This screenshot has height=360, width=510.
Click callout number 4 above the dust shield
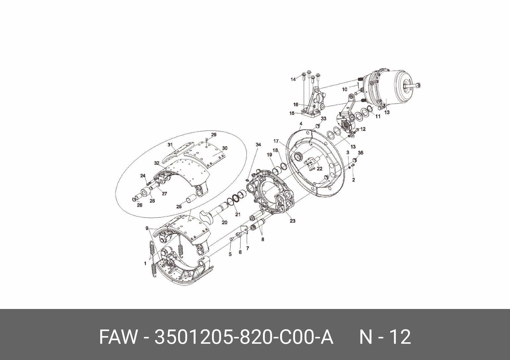(x=301, y=124)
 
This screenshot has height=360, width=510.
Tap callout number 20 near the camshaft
(x=225, y=222)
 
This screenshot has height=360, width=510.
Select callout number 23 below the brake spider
(x=293, y=221)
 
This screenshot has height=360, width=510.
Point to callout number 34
(x=258, y=145)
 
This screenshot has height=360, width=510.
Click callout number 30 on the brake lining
(x=225, y=148)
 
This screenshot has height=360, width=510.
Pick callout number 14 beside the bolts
(x=293, y=79)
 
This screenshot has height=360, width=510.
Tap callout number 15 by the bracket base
(x=292, y=113)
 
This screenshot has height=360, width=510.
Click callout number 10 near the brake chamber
(x=344, y=90)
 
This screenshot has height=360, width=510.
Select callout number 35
(x=360, y=153)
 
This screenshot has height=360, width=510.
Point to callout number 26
(x=139, y=205)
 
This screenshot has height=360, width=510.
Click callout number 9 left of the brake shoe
(x=147, y=228)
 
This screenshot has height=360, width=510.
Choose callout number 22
(x=319, y=169)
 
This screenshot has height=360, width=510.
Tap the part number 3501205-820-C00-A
(x=244, y=337)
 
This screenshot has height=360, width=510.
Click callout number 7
(x=248, y=248)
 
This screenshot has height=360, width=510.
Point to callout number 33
(x=323, y=119)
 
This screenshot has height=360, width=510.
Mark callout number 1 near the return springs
(x=145, y=264)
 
